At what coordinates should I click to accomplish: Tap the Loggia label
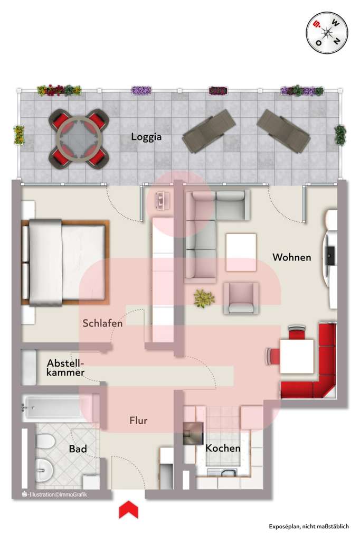146,137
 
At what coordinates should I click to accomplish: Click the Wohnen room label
291,257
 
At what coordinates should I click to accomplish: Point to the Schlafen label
102,323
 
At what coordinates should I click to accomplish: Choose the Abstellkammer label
65,368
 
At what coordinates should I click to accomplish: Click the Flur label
138,421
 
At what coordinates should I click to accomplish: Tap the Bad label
78,449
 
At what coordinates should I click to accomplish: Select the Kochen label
223,449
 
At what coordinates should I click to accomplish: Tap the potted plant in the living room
204,299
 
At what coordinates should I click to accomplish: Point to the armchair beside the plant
241,298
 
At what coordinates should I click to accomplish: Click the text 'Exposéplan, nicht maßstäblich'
308,526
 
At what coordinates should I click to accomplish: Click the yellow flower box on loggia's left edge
19,135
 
